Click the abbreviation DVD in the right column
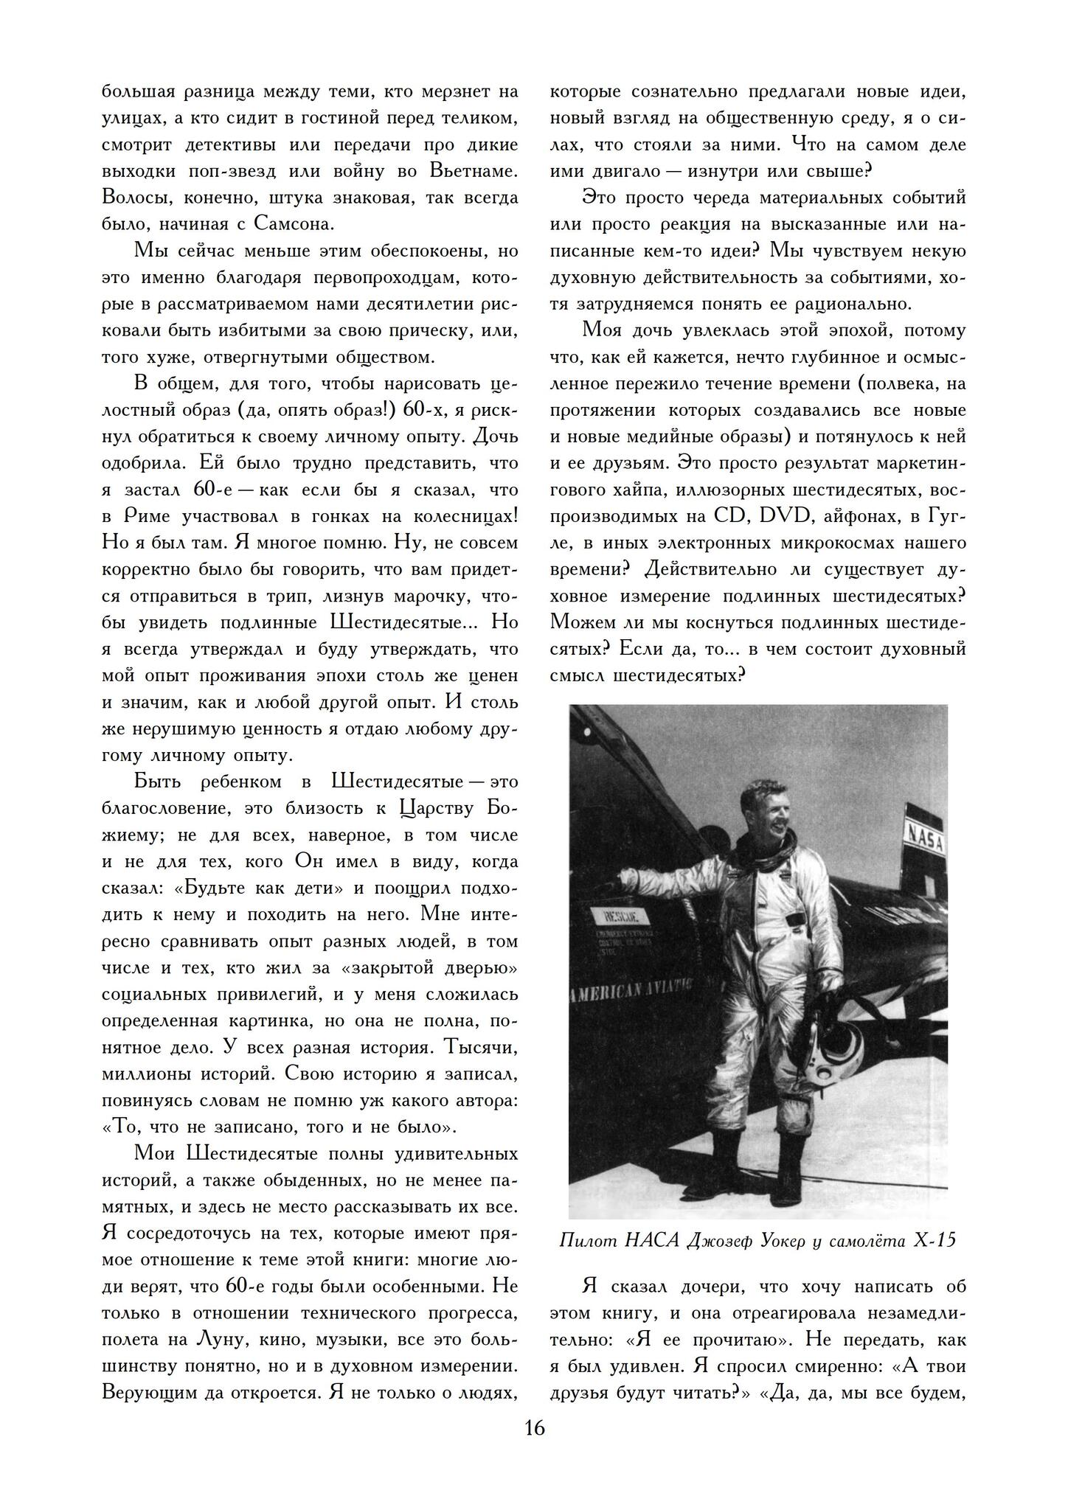coord(790,516)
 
